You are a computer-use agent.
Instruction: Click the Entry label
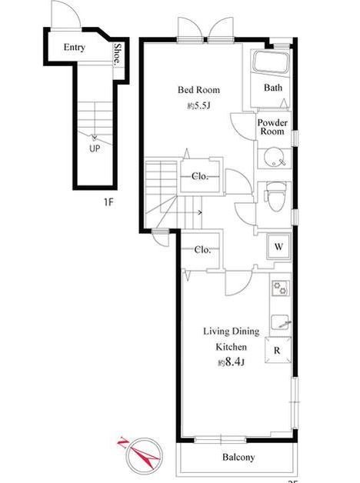[x=74, y=48]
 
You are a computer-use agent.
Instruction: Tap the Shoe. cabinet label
[x=118, y=54]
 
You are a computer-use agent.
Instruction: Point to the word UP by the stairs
[x=95, y=148]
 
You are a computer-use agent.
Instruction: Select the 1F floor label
[x=108, y=202]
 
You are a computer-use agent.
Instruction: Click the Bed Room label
[x=199, y=90]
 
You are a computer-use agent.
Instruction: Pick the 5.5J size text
[x=199, y=106]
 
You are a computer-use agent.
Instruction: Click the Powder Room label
[x=272, y=127]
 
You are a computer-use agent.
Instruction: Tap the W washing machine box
[x=278, y=246]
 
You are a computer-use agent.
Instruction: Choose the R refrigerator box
[x=278, y=350]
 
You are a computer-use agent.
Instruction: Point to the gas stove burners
[x=281, y=288]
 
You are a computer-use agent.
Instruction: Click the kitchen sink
[x=281, y=322]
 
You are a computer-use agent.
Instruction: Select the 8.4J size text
[x=232, y=361]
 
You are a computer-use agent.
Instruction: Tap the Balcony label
[x=238, y=457]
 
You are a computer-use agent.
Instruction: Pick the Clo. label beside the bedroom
[x=200, y=176]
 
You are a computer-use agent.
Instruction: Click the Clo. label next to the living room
[x=202, y=249]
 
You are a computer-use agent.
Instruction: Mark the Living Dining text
[x=232, y=331]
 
